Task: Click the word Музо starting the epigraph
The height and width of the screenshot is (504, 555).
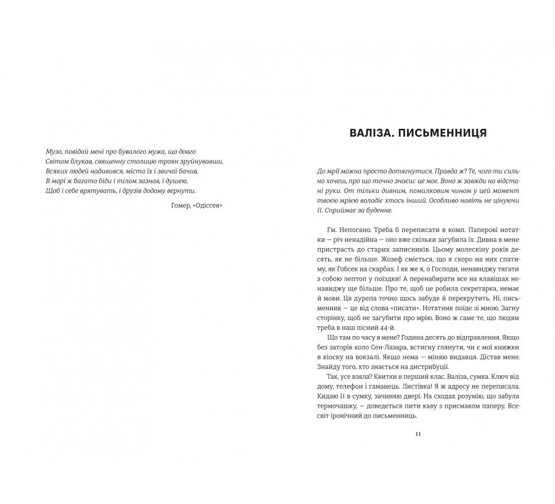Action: [x=55, y=151]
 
